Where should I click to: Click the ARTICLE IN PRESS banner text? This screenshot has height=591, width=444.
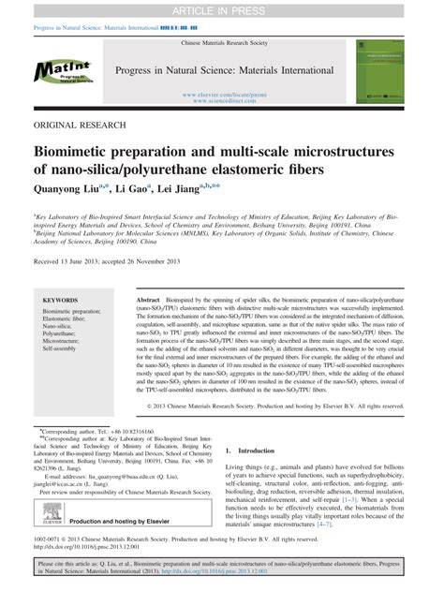pyautogui.click(x=221, y=10)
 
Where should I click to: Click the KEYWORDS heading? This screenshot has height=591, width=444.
pyautogui.click(x=61, y=301)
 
